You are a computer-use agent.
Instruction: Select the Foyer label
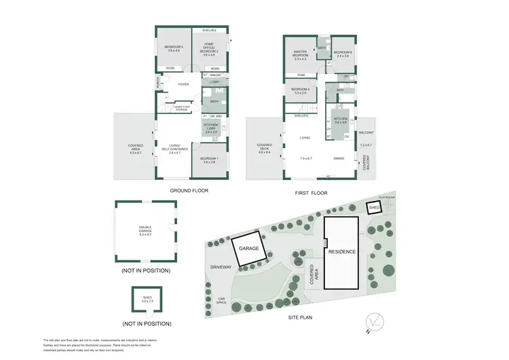tap(183, 84)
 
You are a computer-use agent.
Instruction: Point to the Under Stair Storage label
tap(181, 107)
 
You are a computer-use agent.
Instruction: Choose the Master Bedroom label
tap(300, 54)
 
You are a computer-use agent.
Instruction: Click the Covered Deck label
tap(264, 149)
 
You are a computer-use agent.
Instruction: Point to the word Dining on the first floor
tap(339, 158)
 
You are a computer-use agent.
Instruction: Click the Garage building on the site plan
tap(249, 249)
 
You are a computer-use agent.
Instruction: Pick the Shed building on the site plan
tap(373, 207)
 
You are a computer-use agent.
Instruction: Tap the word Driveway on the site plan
tap(221, 267)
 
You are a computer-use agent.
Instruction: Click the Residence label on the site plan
tap(342, 251)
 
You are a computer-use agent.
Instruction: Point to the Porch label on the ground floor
tap(158, 84)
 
